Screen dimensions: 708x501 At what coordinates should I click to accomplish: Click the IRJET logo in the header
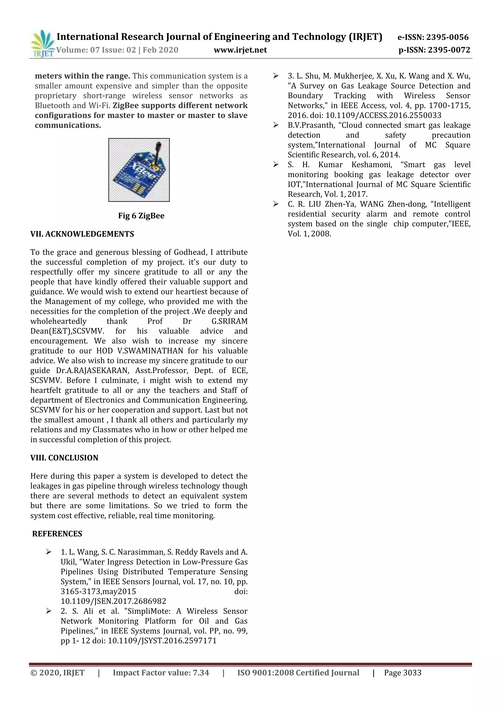[43, 44]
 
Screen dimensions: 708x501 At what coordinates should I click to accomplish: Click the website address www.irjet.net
[240, 50]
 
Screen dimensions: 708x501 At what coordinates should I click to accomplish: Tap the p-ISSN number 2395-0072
[449, 50]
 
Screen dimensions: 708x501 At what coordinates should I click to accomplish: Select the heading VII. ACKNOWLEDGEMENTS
[82, 234]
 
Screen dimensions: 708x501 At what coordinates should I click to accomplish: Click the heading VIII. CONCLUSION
[64, 458]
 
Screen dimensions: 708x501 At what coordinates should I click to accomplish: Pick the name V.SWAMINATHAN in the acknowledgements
[150, 351]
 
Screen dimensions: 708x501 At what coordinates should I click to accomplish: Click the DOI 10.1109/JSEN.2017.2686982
[113, 601]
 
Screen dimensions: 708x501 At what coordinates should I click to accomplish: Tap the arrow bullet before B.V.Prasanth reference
[275, 125]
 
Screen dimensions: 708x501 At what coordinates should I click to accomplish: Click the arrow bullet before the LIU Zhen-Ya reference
[275, 204]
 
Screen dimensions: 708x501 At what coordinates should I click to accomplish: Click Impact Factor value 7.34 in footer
[161, 673]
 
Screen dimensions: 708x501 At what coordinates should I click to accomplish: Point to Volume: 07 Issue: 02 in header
[96, 50]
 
